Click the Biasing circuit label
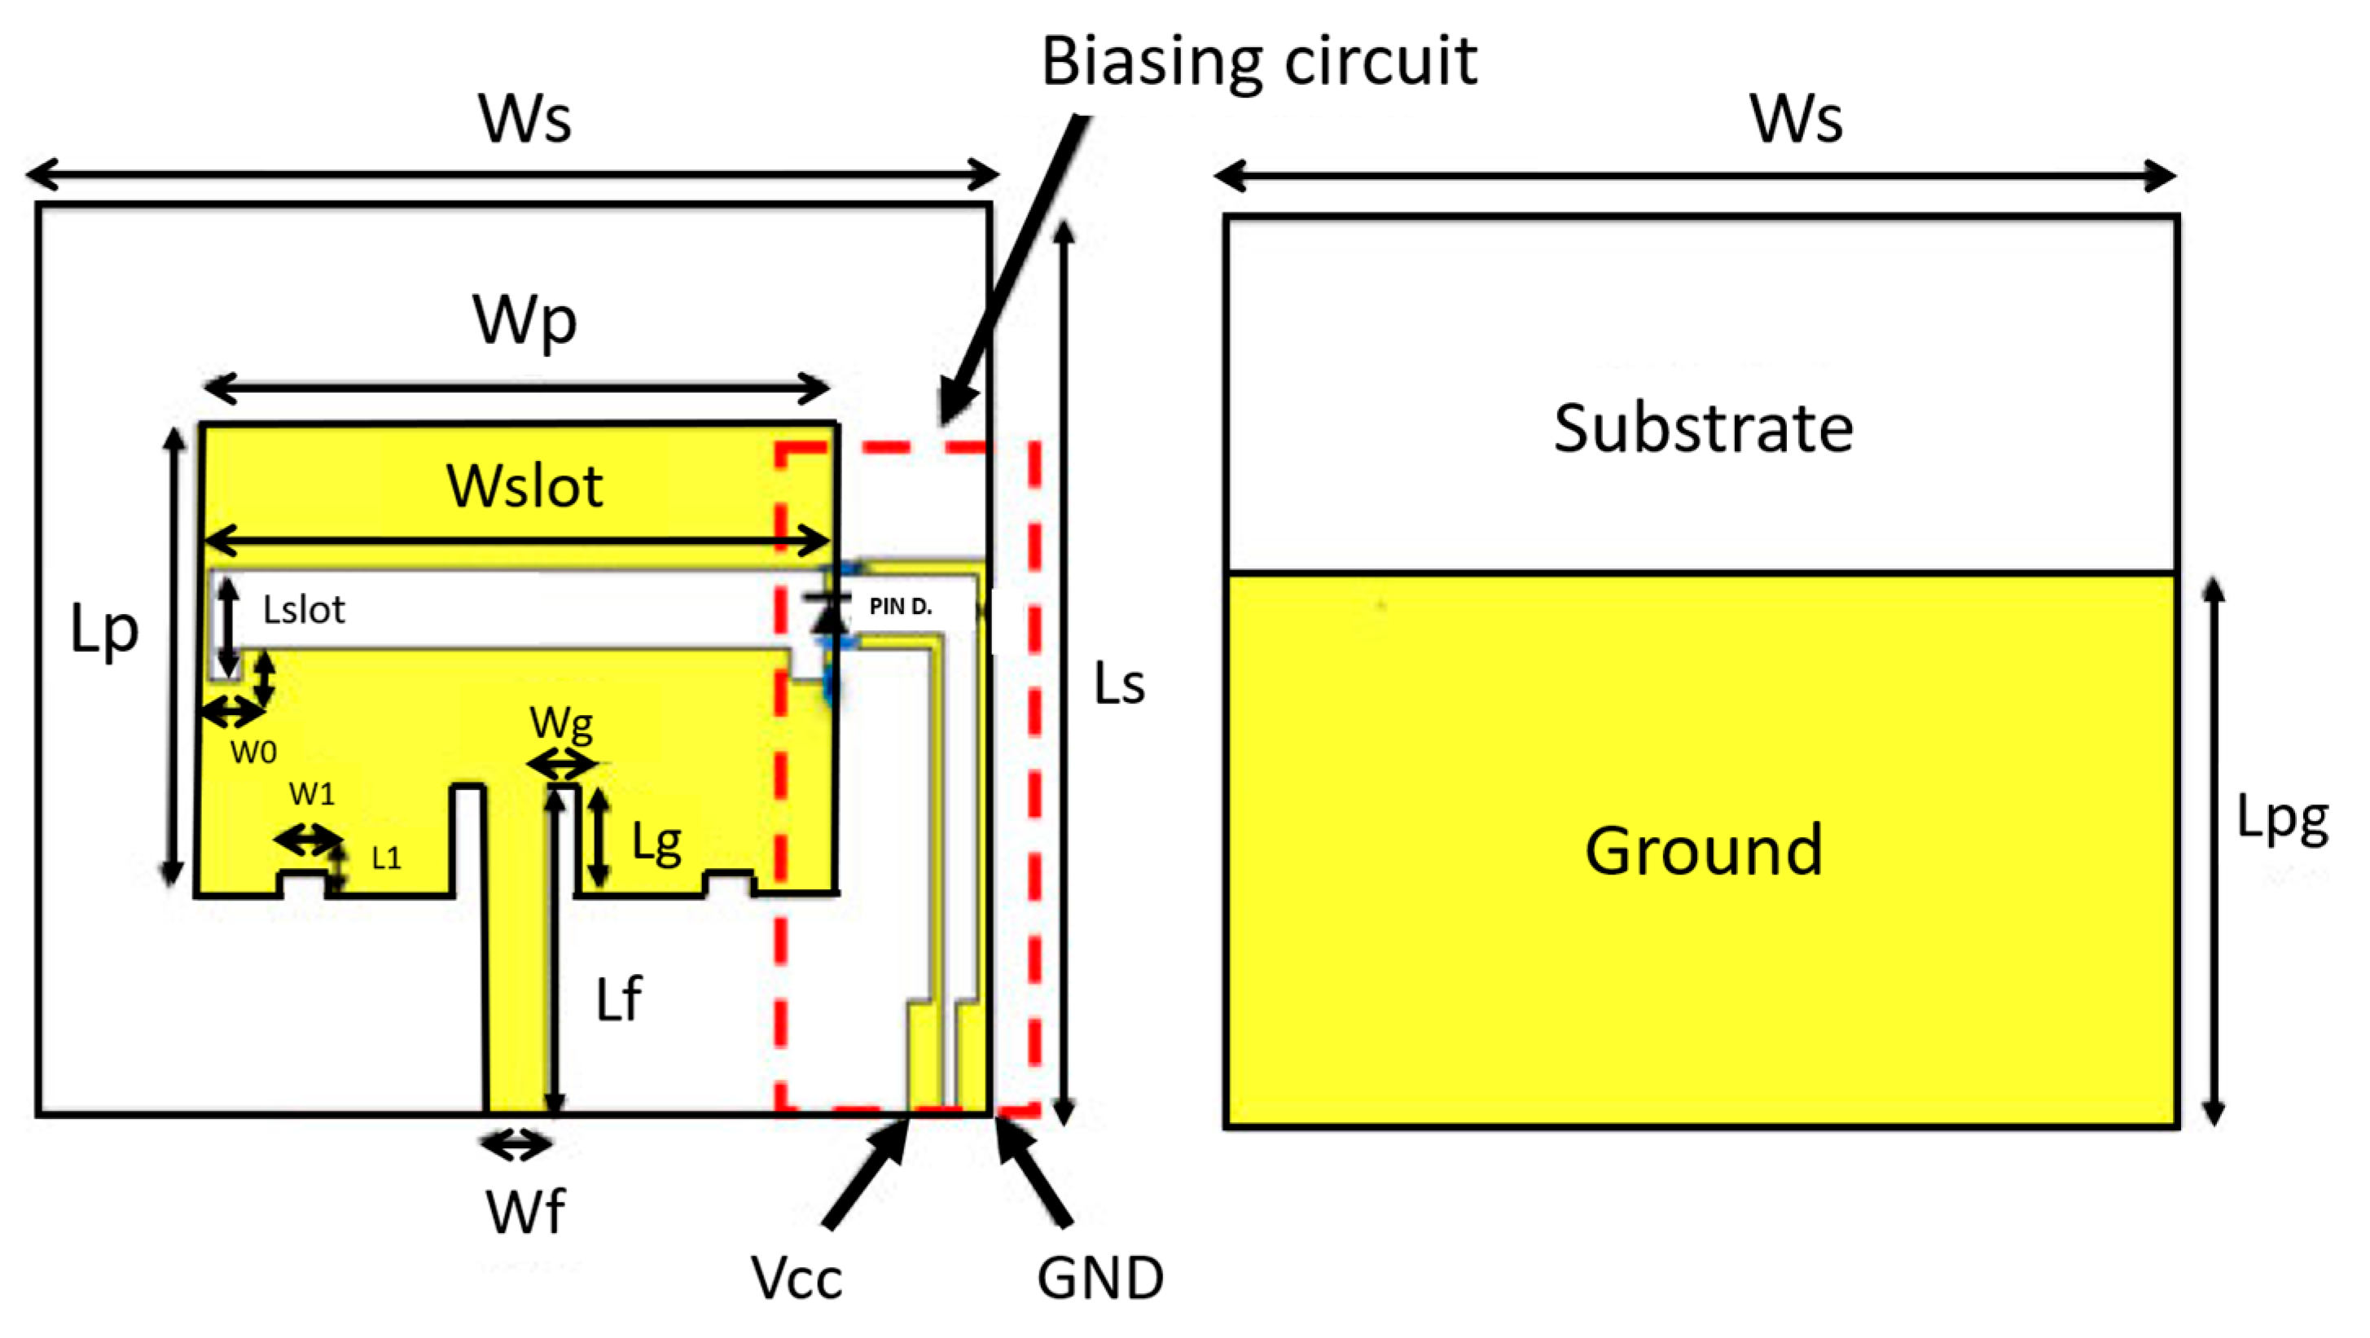[x=1257, y=63]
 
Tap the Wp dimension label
[x=524, y=320]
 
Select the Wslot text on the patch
[x=524, y=486]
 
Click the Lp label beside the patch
[x=104, y=631]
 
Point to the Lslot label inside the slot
[x=304, y=610]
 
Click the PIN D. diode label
[x=900, y=607]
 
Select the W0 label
[x=253, y=752]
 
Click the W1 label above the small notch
[x=312, y=793]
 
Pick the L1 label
[x=386, y=858]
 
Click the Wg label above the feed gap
[x=561, y=725]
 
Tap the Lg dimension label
[x=656, y=842]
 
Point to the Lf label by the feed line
[x=618, y=999]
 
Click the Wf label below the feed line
[x=525, y=1212]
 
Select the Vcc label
[x=796, y=1279]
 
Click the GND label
[x=1100, y=1279]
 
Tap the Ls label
[x=1119, y=685]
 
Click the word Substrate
[x=1703, y=429]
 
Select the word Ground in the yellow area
[x=1703, y=850]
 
